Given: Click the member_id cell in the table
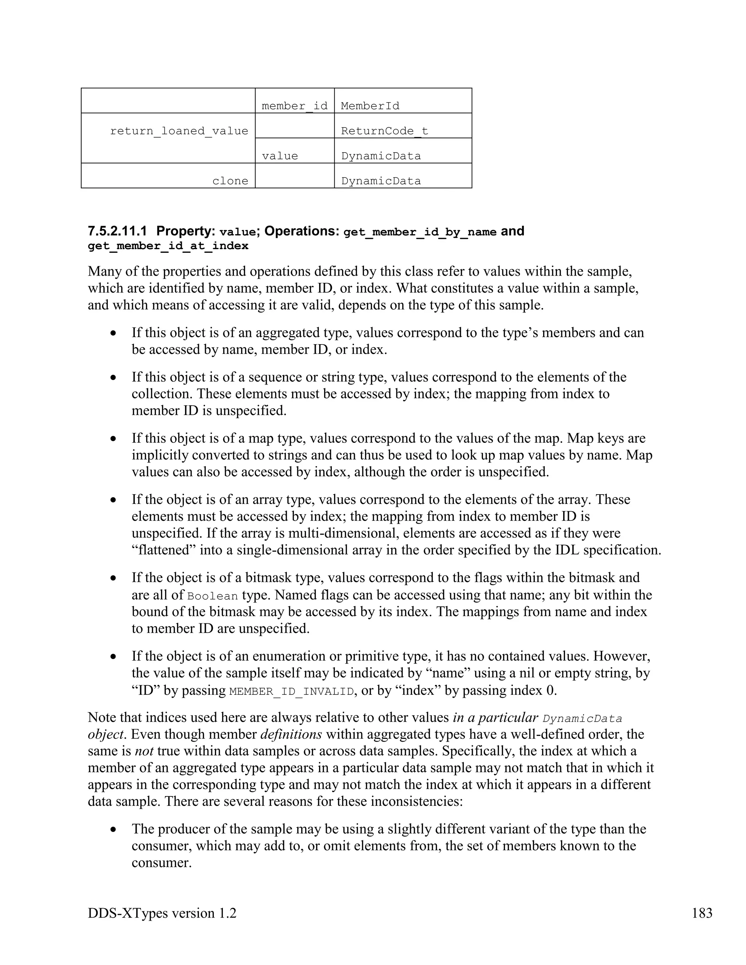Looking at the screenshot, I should coord(294,106).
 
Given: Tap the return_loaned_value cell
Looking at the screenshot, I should coord(178,131).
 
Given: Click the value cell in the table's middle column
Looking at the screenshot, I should coord(280,156).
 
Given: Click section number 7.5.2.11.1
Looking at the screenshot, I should coord(118,232).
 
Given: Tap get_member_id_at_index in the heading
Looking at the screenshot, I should coord(168,246).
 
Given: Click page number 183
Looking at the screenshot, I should coord(702,913).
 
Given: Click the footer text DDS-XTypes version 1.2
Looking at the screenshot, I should coord(162,913).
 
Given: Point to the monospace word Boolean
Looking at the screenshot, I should coord(213,596).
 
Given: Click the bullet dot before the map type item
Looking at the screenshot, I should coord(114,439).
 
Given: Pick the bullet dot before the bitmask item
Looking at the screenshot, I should coord(114,578).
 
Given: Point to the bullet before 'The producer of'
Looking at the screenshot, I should coord(114,829).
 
